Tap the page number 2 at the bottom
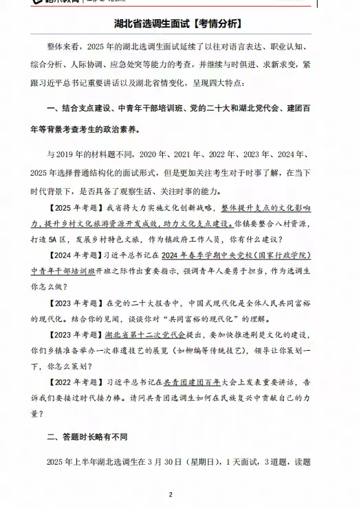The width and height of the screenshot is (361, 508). [x=170, y=494]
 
